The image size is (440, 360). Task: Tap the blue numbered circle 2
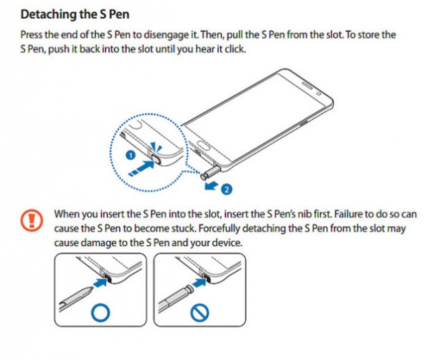[226, 188]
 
